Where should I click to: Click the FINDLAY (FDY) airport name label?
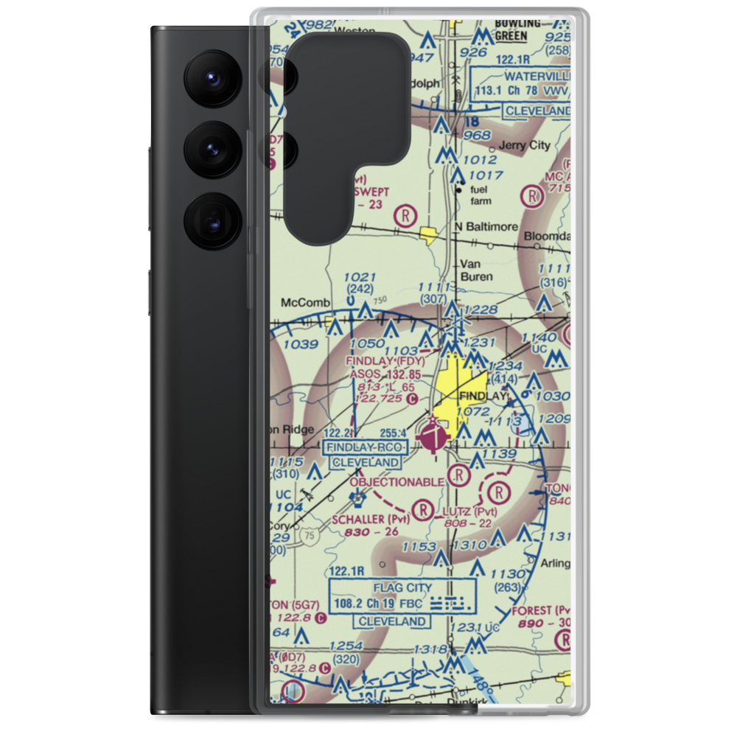(x=385, y=361)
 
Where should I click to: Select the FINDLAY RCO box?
(x=363, y=447)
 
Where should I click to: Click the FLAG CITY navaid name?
(x=403, y=587)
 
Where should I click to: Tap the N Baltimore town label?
(x=486, y=226)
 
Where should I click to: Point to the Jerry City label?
(x=524, y=146)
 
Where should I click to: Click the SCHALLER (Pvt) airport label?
(x=370, y=520)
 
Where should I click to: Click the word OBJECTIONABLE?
(x=397, y=482)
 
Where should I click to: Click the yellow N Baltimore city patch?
(x=427, y=236)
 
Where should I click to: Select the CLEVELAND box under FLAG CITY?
(x=391, y=621)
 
